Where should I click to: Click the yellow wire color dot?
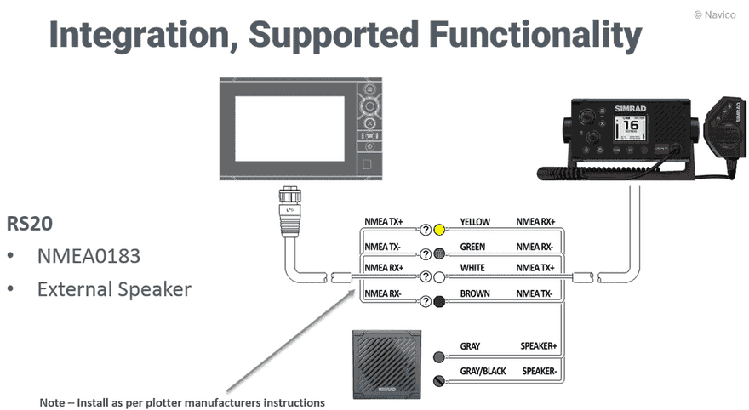pos(439,230)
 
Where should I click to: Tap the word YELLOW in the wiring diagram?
pos(475,223)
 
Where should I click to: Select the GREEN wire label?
pos(472,248)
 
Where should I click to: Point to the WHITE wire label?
pos(472,269)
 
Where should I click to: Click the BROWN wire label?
pos(474,293)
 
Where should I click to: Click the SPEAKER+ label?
pos(538,347)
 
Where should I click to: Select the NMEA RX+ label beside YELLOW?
pos(535,223)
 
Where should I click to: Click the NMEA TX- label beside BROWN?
pos(535,293)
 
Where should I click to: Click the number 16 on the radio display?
pos(632,119)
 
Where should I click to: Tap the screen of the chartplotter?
pos(290,128)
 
